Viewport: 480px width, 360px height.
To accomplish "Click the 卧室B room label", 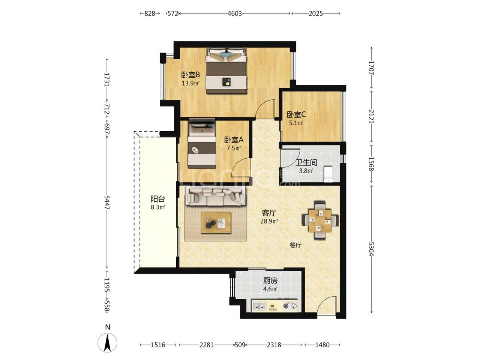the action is coord(190,75).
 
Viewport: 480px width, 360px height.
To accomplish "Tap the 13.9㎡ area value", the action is coord(190,83).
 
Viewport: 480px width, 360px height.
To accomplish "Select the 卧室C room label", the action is coord(296,114).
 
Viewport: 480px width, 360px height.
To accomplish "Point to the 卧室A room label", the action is coord(234,139).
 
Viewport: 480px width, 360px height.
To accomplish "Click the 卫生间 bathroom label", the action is coord(306,162).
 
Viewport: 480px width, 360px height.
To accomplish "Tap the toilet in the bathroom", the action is coord(328,174).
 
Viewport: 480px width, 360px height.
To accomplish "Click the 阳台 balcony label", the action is coord(158,199).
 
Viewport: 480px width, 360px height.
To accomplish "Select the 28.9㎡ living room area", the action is coord(269,221).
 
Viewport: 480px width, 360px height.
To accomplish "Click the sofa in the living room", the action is coord(216,197).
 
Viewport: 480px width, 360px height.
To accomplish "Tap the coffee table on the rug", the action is coord(216,223).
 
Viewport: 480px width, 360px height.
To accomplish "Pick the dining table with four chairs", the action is coord(320,221).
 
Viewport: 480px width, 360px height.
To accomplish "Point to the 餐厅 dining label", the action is coord(295,246).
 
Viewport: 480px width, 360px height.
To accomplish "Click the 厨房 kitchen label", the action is coord(270,280).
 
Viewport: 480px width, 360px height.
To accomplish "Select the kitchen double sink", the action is coord(259,306).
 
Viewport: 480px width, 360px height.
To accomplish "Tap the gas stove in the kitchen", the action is coord(290,306).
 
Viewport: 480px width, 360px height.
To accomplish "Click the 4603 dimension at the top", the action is coord(235,13).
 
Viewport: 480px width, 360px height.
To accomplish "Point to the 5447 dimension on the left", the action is coord(107,202).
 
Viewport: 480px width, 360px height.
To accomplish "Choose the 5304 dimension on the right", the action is coord(371,249).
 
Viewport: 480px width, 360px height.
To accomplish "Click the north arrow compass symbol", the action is coord(107,343).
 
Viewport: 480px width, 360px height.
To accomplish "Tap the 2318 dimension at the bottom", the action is coord(274,345).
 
